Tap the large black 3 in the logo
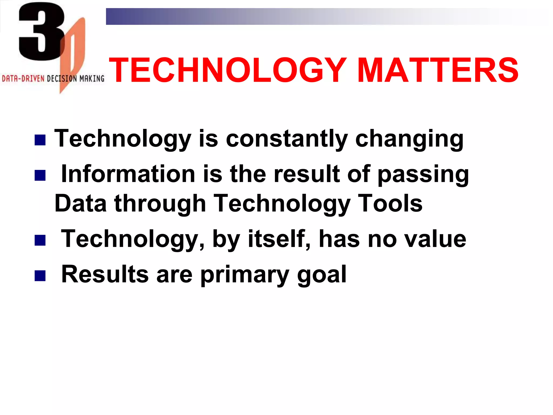tap(41, 32)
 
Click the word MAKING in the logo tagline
tap(92, 79)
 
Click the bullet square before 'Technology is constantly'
tap(40, 140)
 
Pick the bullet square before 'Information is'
tap(40, 175)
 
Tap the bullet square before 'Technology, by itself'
tap(40, 240)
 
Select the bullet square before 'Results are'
tap(40, 276)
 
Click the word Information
tap(128, 174)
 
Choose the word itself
tap(278, 239)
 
